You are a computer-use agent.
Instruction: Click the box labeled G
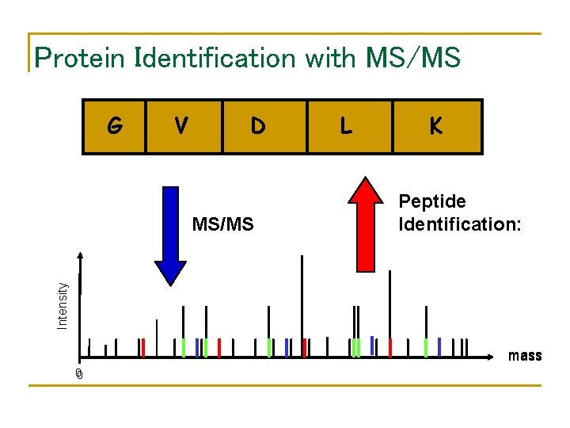pyautogui.click(x=116, y=126)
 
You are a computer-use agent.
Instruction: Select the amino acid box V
pyautogui.click(x=183, y=126)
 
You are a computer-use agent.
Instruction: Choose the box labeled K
pyautogui.click(x=436, y=126)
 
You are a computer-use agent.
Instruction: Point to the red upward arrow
pyautogui.click(x=365, y=226)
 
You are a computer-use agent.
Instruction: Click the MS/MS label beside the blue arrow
pyautogui.click(x=222, y=224)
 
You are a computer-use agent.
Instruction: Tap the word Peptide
pyautogui.click(x=432, y=202)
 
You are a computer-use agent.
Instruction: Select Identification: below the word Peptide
pyautogui.click(x=459, y=224)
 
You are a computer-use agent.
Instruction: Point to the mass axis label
pyautogui.click(x=525, y=355)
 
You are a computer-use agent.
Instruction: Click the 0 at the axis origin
pyautogui.click(x=79, y=374)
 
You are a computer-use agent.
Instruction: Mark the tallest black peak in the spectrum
pyautogui.click(x=302, y=305)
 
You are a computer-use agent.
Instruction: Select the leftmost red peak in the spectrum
pyautogui.click(x=142, y=347)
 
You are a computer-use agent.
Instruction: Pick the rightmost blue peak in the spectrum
pyautogui.click(x=439, y=347)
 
